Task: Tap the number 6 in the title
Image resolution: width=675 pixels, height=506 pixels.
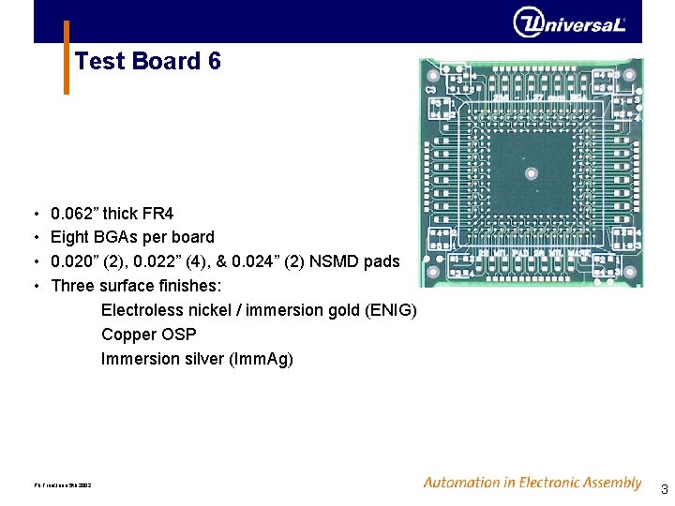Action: tap(215, 62)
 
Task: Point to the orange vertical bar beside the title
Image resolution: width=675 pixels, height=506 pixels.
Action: tap(67, 57)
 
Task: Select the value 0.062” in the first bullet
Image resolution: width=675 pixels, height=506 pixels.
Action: tap(74, 214)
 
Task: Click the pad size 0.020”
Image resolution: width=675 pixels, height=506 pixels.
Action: tap(74, 261)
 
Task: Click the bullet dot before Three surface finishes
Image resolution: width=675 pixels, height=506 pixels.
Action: tap(35, 286)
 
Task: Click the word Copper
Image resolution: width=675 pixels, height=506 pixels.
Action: tap(127, 335)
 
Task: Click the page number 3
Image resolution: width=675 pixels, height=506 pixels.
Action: tap(664, 489)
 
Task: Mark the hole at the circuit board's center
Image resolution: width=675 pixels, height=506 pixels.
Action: tap(531, 172)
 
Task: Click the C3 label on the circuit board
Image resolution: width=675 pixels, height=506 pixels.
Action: tap(431, 90)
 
